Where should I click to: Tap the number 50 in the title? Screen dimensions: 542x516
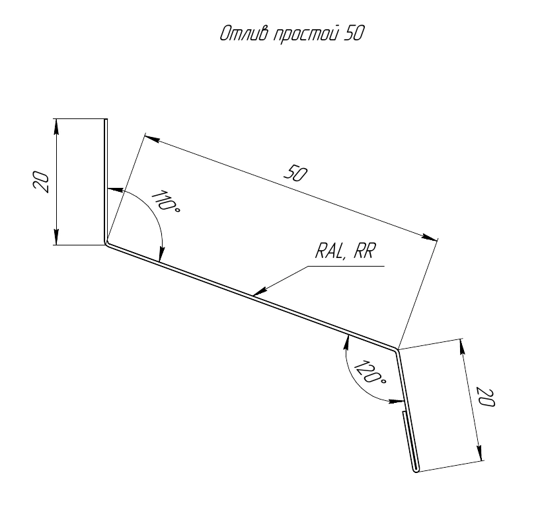pos(353,33)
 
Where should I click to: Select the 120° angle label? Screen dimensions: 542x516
pos(369,372)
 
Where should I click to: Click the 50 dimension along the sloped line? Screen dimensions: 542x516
pos(295,173)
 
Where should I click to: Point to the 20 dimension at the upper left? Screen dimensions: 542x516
pos(41,182)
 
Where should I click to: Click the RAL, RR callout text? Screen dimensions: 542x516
pos(344,251)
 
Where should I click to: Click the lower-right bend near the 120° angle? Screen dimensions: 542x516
pos(396,350)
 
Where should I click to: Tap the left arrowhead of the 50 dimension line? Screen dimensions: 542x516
pos(153,139)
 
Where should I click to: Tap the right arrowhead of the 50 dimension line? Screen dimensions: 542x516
pos(430,237)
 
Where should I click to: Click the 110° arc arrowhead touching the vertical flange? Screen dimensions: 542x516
pos(115,190)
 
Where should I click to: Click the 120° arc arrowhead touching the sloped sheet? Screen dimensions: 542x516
pos(347,342)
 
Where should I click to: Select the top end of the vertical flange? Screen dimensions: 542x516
pos(106,120)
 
